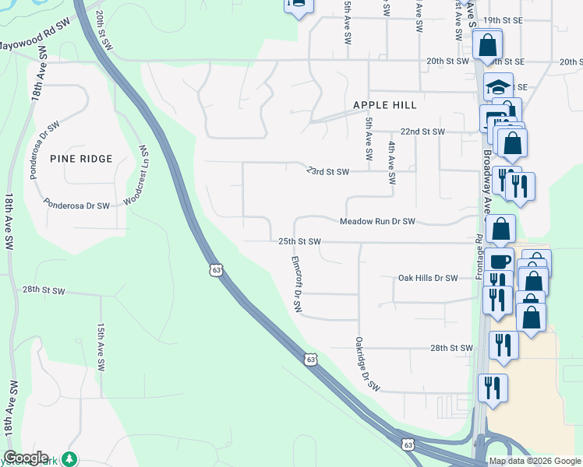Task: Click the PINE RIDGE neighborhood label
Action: pyautogui.click(x=81, y=159)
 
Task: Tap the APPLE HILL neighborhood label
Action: pyautogui.click(x=384, y=105)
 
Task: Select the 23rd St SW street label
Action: pyautogui.click(x=327, y=171)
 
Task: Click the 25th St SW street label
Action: pyautogui.click(x=300, y=242)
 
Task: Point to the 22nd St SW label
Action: pyautogui.click(x=422, y=132)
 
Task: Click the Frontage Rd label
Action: pyautogui.click(x=479, y=258)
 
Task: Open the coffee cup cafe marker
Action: pyautogui.click(x=501, y=261)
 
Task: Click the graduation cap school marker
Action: pyautogui.click(x=498, y=88)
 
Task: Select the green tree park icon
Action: pyautogui.click(x=70, y=458)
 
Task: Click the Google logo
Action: pyautogui.click(x=26, y=458)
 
